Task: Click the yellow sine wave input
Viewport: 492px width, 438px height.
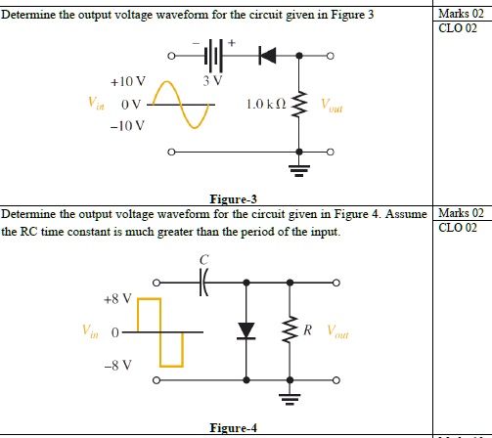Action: (183, 104)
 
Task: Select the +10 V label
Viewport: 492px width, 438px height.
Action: (127, 81)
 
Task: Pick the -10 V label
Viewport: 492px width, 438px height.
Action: (127, 126)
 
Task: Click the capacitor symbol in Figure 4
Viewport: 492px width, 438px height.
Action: (204, 283)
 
